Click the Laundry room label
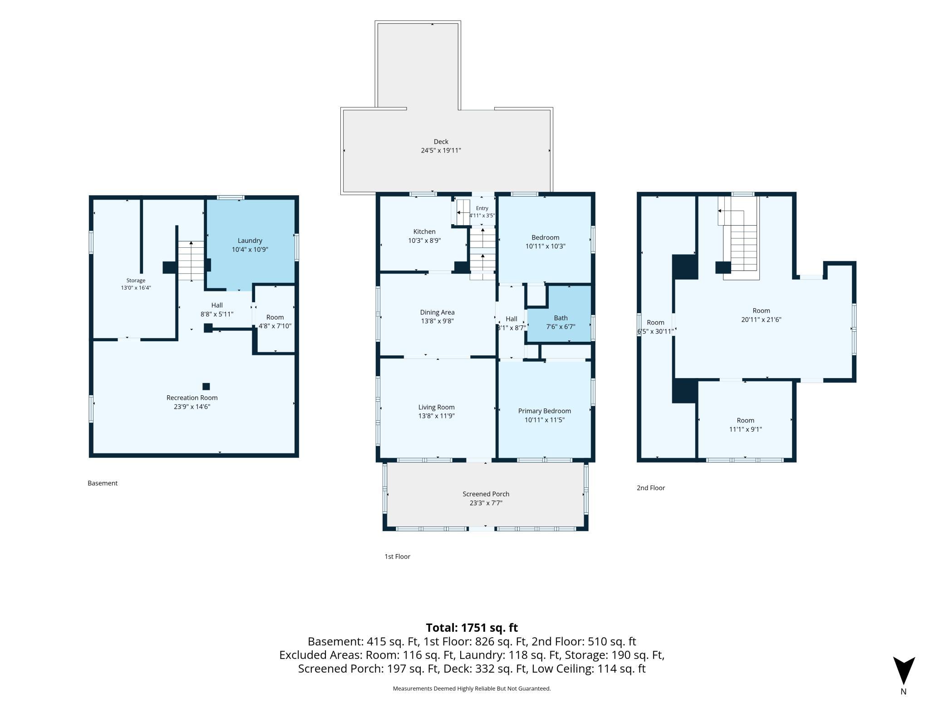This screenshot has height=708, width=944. click(250, 241)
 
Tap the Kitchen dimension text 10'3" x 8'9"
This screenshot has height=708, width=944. click(424, 241)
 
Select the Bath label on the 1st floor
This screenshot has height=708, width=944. click(560, 318)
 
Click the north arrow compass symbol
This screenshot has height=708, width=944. click(904, 671)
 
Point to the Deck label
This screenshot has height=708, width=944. click(441, 142)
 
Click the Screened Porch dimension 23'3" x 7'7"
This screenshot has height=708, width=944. click(486, 503)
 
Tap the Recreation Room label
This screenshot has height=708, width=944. click(192, 398)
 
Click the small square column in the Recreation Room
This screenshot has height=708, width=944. click(206, 387)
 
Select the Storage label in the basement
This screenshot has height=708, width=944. click(136, 280)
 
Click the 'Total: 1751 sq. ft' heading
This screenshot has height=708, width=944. click(472, 628)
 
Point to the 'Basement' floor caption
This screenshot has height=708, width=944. click(103, 483)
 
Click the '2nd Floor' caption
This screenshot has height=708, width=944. click(651, 488)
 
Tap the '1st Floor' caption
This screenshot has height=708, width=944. click(397, 556)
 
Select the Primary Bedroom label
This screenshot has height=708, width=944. click(545, 411)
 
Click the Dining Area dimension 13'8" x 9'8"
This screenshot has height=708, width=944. click(437, 321)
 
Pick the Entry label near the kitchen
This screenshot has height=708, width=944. click(482, 208)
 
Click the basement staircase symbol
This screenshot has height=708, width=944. click(191, 261)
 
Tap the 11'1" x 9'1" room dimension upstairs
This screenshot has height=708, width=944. click(745, 429)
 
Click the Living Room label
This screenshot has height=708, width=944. click(437, 407)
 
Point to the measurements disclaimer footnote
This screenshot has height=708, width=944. click(472, 688)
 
